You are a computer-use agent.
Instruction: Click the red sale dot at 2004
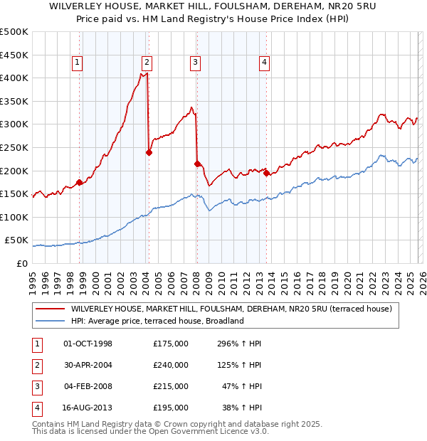coord(149,152)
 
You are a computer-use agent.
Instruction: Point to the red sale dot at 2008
coord(196,164)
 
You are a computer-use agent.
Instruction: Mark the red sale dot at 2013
coord(266,173)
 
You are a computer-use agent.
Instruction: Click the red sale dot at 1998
coord(79,182)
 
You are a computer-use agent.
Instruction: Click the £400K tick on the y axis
coord(15,78)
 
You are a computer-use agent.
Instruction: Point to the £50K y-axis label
coord(17,240)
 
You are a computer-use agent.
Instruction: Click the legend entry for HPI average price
coord(157,321)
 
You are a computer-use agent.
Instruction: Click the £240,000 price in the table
coord(171,365)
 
